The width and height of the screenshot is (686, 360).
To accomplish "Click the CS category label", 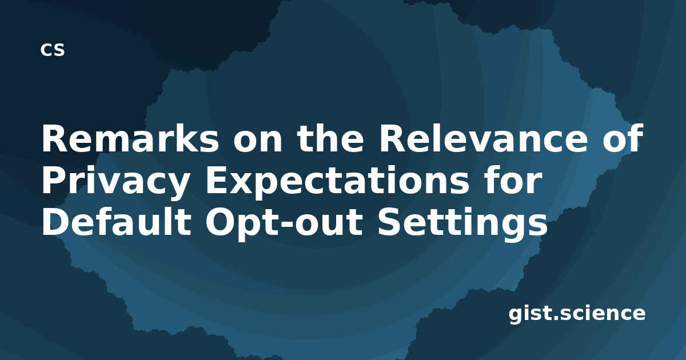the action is click(x=53, y=50).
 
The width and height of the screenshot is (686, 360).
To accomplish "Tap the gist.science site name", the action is click(x=577, y=314).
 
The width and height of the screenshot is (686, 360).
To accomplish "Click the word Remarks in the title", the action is click(x=130, y=138).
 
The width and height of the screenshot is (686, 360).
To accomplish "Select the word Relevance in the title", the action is click(x=484, y=138).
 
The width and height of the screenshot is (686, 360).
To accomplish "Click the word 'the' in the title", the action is click(x=331, y=138).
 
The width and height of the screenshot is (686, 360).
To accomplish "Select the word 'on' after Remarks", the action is click(x=257, y=141).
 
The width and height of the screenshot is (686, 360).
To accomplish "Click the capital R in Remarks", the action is click(x=53, y=138).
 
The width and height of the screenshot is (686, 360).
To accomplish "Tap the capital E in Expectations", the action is click(x=216, y=180).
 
